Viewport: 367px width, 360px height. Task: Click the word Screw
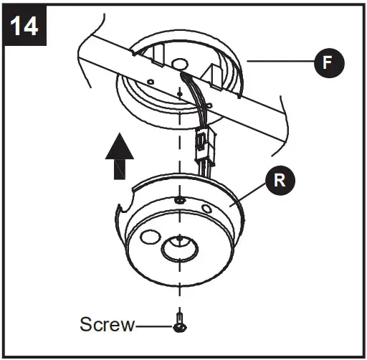[107, 325]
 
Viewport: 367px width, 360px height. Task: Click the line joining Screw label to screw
[153, 326]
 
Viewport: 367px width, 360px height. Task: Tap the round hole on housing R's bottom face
[151, 236]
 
